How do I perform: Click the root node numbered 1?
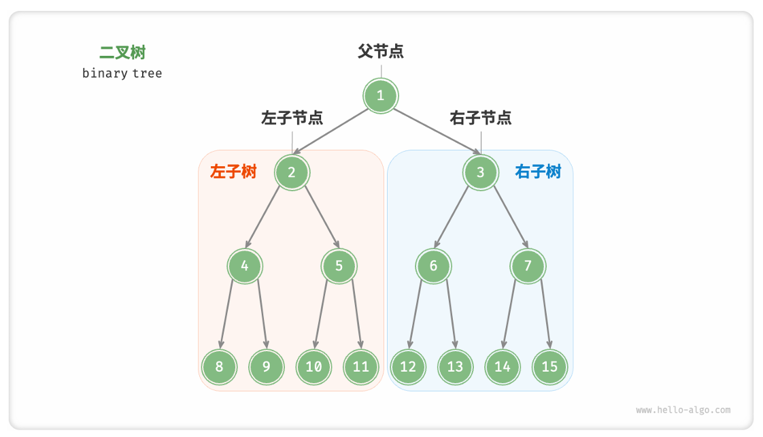(x=380, y=96)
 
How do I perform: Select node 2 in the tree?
(x=292, y=172)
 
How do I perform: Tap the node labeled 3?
(x=481, y=172)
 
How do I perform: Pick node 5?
(x=339, y=266)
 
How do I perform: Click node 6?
(x=433, y=266)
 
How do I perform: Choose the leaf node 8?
(x=219, y=367)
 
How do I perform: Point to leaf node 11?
(x=360, y=367)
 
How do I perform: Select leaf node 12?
(x=408, y=367)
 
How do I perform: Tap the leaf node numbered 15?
(x=549, y=367)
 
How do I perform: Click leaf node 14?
(x=503, y=367)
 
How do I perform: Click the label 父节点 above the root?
(x=381, y=52)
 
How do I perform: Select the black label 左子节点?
(x=292, y=118)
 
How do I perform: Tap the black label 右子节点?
(x=481, y=118)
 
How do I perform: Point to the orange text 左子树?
(x=233, y=172)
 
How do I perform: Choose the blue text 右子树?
(x=538, y=172)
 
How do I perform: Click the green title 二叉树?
(x=122, y=52)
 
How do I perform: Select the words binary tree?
(x=122, y=73)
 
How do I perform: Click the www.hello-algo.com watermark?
(x=683, y=410)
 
